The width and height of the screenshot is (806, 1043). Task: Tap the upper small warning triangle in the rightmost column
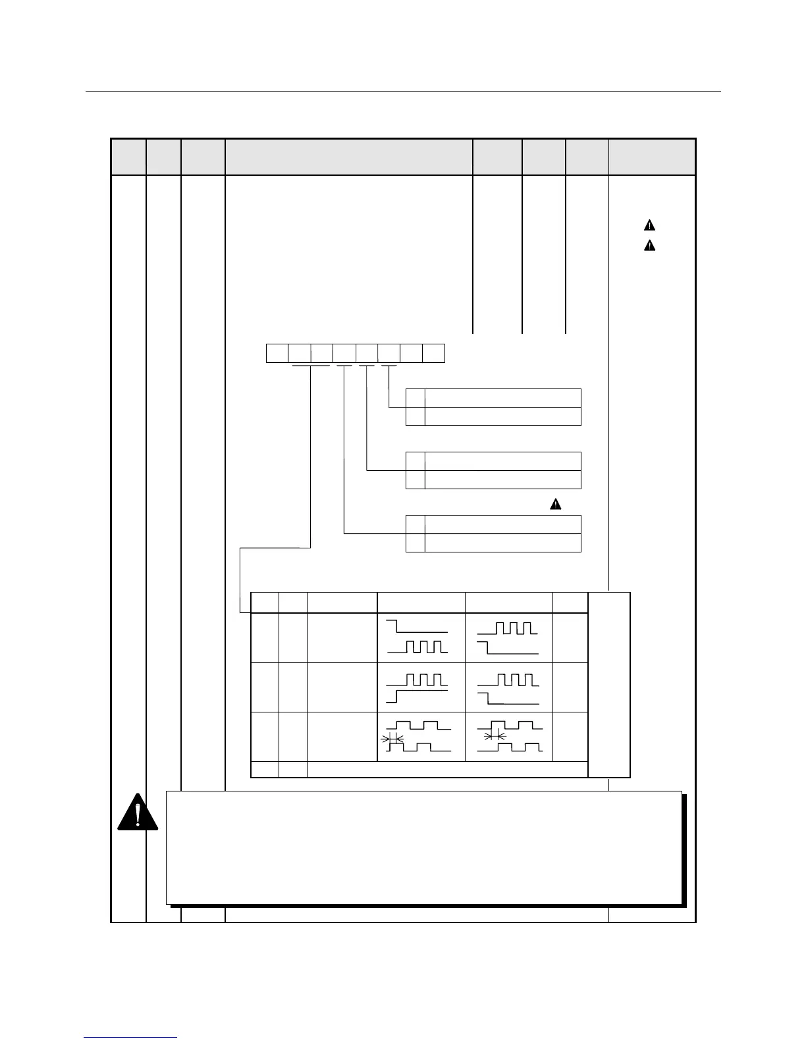pyautogui.click(x=649, y=225)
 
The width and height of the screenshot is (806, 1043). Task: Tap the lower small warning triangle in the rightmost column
pyautogui.click(x=649, y=246)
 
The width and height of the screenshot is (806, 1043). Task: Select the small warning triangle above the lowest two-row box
pyautogui.click(x=556, y=504)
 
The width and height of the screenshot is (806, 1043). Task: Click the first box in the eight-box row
pyautogui.click(x=277, y=353)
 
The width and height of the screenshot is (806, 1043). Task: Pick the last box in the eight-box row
pyautogui.click(x=434, y=353)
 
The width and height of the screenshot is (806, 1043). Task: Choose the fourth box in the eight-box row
pyautogui.click(x=344, y=353)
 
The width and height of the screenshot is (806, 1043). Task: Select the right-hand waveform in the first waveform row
pyautogui.click(x=508, y=637)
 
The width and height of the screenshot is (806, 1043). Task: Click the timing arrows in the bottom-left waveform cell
pyautogui.click(x=392, y=739)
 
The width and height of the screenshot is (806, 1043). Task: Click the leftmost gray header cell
pyautogui.click(x=128, y=157)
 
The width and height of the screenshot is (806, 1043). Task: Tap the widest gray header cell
pyautogui.click(x=349, y=157)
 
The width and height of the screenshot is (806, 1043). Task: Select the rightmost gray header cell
pyautogui.click(x=652, y=157)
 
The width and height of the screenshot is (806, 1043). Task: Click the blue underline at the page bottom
pyautogui.click(x=130, y=1037)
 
